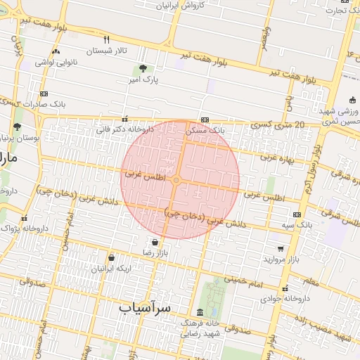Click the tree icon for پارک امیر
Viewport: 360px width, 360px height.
pyautogui.click(x=143, y=69)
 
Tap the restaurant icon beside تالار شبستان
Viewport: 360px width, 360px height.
pyautogui.click(x=107, y=39)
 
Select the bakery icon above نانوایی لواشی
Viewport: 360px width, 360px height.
pyautogui.click(x=56, y=51)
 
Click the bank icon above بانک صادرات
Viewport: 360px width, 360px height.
pyautogui.click(x=44, y=94)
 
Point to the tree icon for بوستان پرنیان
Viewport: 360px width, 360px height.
pyautogui.click(x=17, y=127)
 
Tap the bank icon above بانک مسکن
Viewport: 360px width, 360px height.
pyautogui.click(x=205, y=120)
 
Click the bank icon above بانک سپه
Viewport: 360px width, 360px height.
pyautogui.click(x=297, y=214)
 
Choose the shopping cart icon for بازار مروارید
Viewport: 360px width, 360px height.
pyautogui.click(x=281, y=248)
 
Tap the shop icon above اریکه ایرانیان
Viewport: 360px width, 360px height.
pyautogui.click(x=111, y=257)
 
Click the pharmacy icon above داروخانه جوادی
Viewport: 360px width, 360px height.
pyautogui.click(x=285, y=288)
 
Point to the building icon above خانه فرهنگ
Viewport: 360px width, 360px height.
pyautogui.click(x=200, y=311)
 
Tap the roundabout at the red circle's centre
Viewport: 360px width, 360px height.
pyautogui.click(x=179, y=181)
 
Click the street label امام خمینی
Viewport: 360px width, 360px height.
pyautogui.click(x=246, y=281)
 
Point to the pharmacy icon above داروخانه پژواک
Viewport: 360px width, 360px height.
pyautogui.click(x=25, y=218)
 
